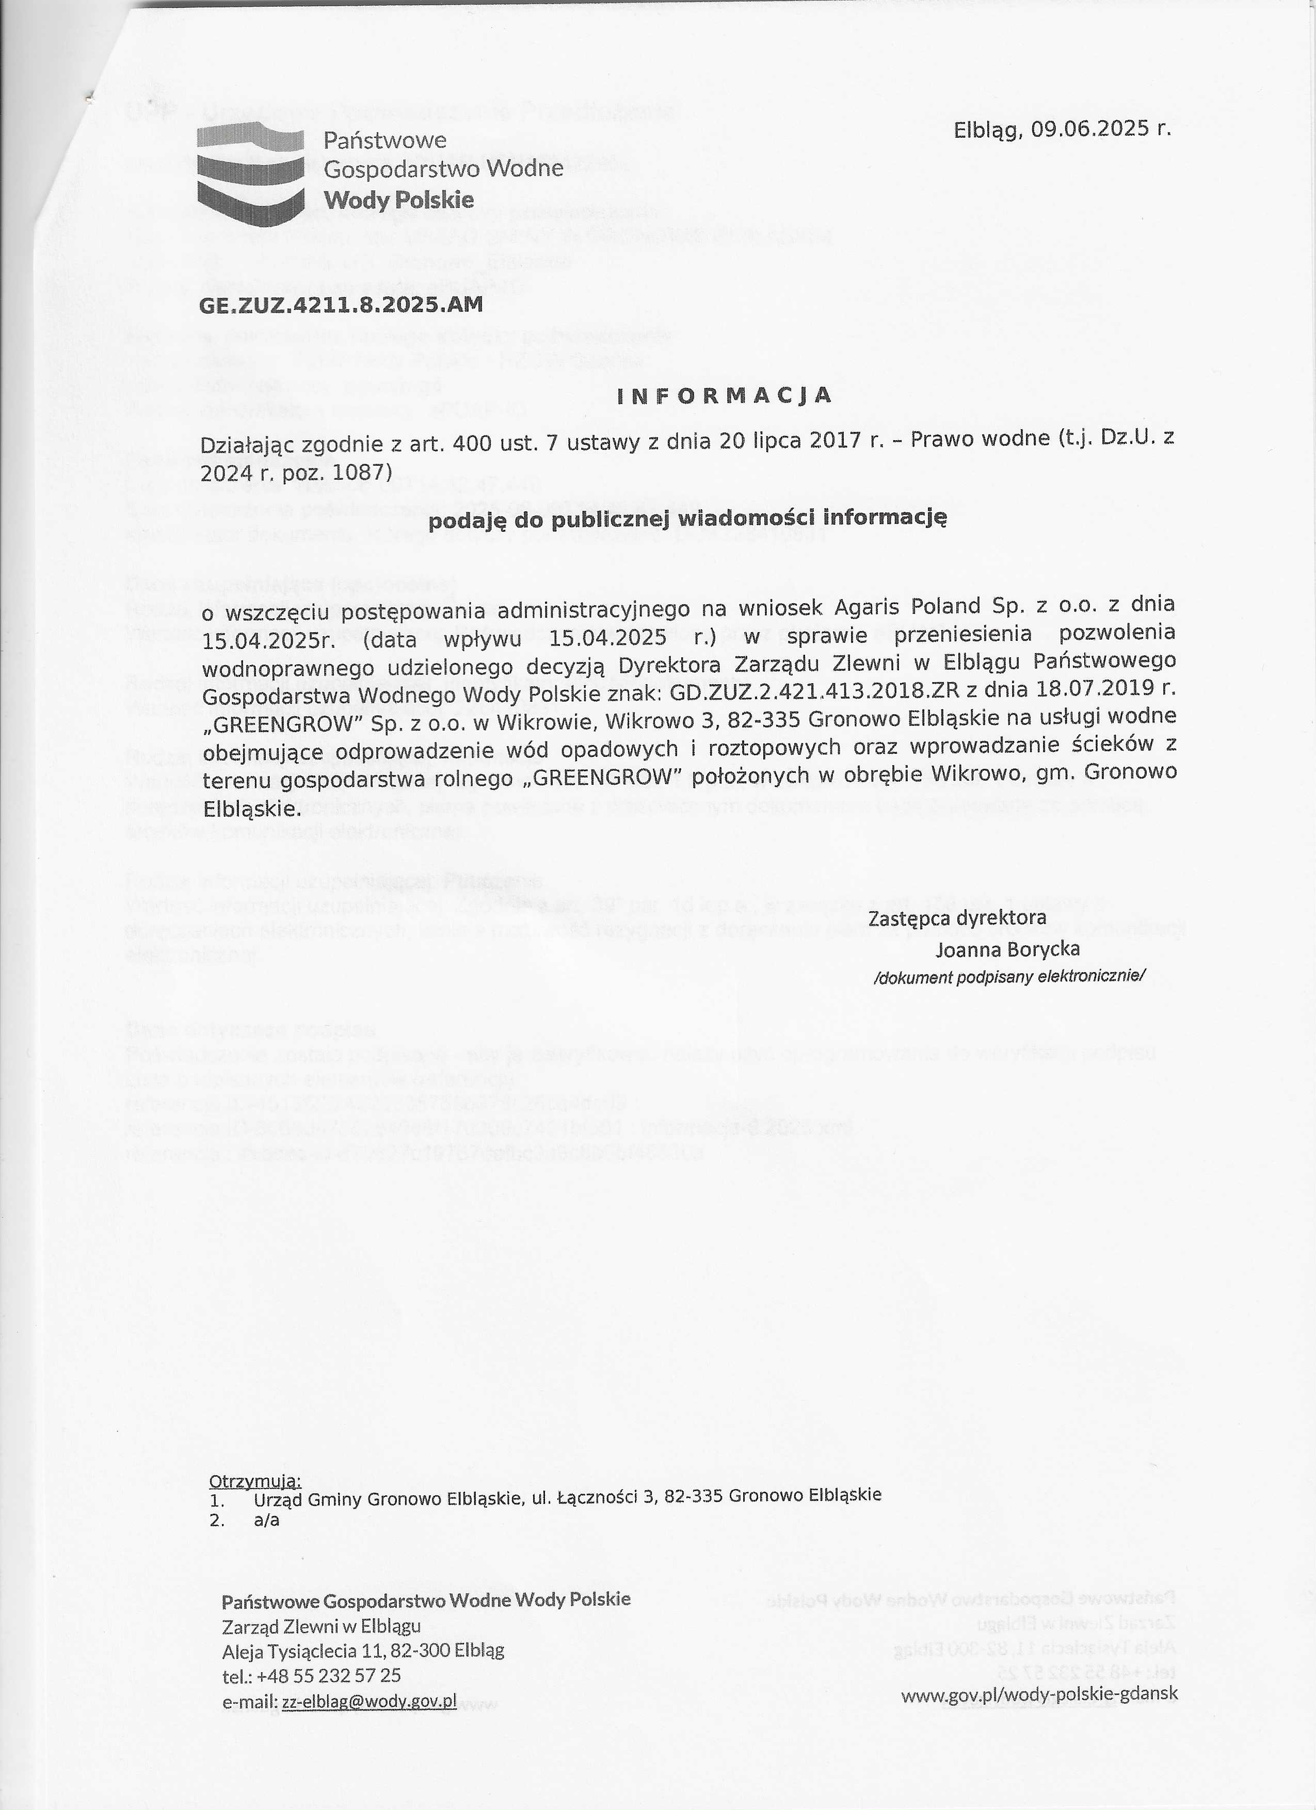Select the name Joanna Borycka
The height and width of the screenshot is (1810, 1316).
[x=1008, y=949]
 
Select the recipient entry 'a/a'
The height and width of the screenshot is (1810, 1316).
[x=266, y=1520]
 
